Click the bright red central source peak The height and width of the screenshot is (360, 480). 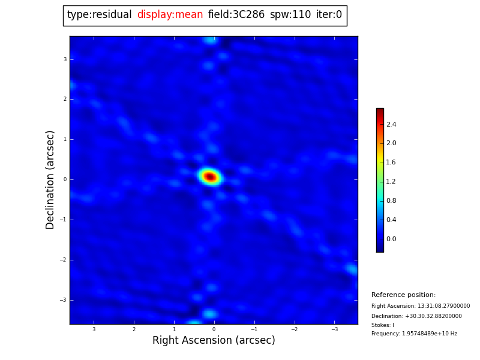click(210, 176)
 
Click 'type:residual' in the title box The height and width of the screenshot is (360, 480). click(99, 15)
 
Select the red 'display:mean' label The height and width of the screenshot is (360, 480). click(170, 15)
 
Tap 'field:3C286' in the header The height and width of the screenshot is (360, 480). click(236, 15)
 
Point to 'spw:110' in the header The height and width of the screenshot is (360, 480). click(290, 15)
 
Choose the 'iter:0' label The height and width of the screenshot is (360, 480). click(329, 15)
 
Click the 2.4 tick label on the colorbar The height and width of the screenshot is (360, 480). click(391, 124)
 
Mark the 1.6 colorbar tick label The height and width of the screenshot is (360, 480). click(391, 163)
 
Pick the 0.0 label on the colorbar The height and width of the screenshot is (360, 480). click(391, 239)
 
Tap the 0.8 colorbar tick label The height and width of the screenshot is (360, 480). click(391, 200)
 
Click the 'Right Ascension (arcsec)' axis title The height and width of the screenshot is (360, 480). click(214, 340)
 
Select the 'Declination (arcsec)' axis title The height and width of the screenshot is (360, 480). click(50, 179)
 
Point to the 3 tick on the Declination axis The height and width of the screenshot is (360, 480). click(65, 59)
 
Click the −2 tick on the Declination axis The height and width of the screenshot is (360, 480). click(63, 260)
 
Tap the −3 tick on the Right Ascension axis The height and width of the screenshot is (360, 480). click(334, 329)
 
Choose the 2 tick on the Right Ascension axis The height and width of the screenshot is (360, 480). click(134, 329)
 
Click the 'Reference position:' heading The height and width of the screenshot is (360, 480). click(403, 295)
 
